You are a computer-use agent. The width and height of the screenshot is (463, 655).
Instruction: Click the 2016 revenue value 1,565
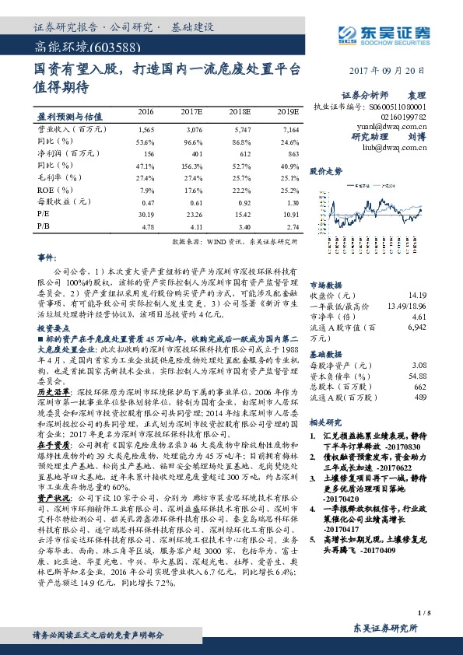pyautogui.click(x=145, y=129)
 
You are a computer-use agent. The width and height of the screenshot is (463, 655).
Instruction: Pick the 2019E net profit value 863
pyautogui.click(x=289, y=154)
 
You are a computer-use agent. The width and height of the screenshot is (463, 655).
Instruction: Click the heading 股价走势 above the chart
pyautogui.click(x=325, y=170)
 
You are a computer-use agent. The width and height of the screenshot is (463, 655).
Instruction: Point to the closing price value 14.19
pyautogui.click(x=416, y=295)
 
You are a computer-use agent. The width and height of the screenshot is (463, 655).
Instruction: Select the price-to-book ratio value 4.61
pyautogui.click(x=419, y=317)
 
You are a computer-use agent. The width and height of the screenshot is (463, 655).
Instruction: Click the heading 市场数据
pyautogui.click(x=326, y=284)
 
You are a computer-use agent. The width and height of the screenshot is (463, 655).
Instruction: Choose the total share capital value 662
pyautogui.click(x=419, y=387)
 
